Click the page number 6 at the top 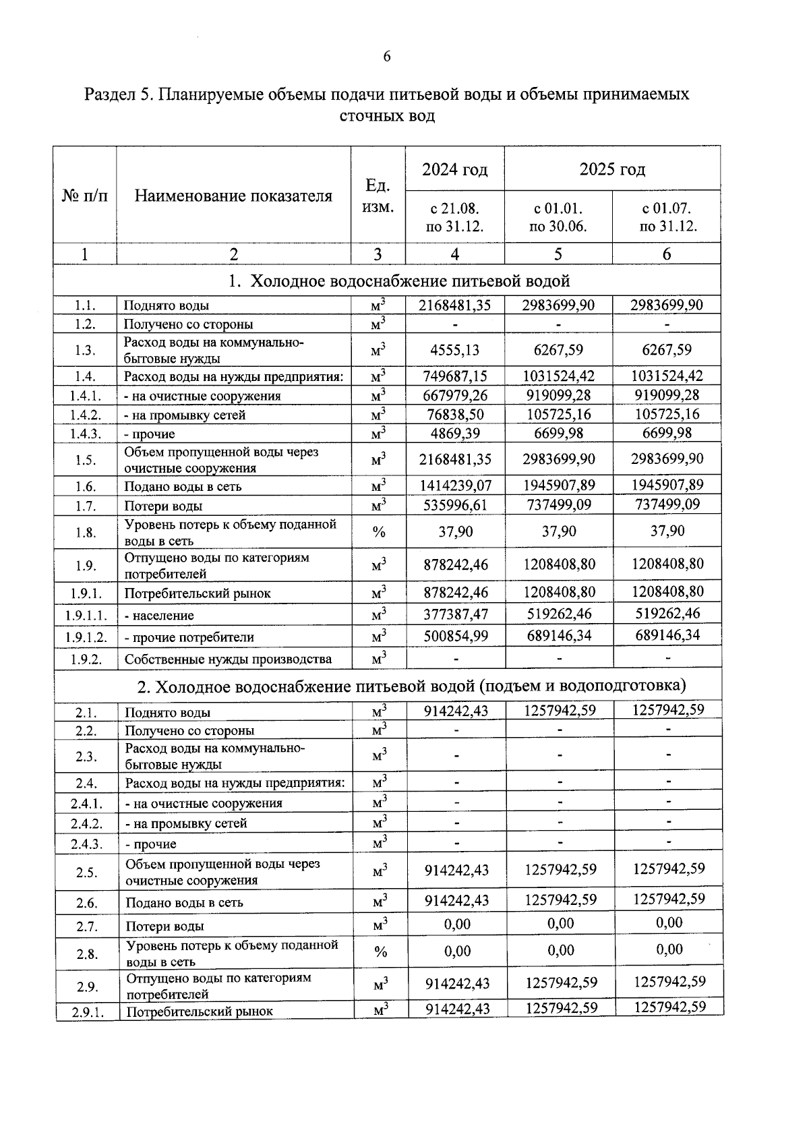(387, 57)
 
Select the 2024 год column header (454, 169)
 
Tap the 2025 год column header (612, 169)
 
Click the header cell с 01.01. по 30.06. (558, 217)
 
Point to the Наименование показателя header (233, 196)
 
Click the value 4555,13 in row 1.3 (455, 350)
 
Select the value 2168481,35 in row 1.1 (455, 305)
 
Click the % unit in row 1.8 (379, 532)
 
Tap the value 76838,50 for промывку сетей (455, 414)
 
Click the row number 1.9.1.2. (86, 637)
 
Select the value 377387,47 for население (455, 614)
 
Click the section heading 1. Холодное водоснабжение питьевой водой (399, 281)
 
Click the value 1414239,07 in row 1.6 (455, 486)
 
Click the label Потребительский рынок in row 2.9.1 (200, 1011)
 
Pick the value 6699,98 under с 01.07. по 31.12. (667, 433)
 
